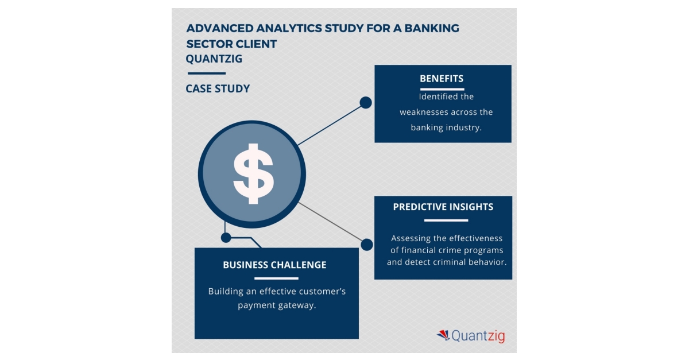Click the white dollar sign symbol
click(x=253, y=173)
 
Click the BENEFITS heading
click(x=442, y=79)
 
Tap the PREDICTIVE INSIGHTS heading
click(x=443, y=207)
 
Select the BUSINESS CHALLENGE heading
click(x=274, y=265)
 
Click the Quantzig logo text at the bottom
click(x=478, y=336)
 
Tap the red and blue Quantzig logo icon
click(x=443, y=335)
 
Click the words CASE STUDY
click(x=218, y=88)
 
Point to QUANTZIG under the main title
click(x=214, y=59)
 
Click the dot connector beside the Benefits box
click(x=366, y=103)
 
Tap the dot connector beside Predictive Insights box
click(x=367, y=245)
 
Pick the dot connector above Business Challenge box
click(x=226, y=237)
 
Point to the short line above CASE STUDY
click(x=206, y=73)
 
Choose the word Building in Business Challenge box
click(x=226, y=291)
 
